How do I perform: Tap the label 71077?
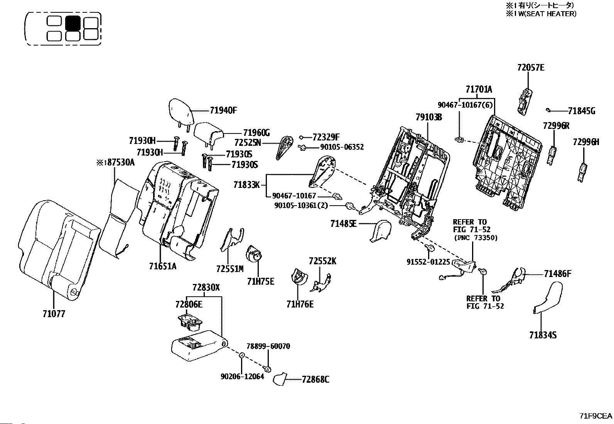coord(54,314)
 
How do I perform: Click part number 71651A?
coord(163,266)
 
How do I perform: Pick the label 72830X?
coord(206,287)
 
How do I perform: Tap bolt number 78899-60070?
coord(268,346)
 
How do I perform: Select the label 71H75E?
coord(261,282)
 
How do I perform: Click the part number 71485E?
coord(343,223)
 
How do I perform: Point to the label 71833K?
coord(246,185)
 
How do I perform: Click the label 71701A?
coord(479,90)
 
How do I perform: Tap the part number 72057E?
coord(531,68)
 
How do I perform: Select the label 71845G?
coord(582,111)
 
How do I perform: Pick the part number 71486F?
coord(557,274)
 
